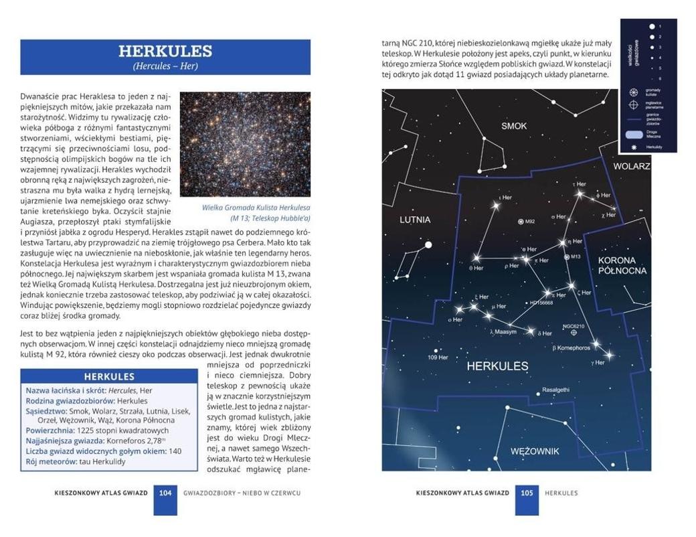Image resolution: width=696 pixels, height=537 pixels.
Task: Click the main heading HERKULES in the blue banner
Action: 165,51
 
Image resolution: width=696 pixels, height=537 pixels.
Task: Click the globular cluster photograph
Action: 245,144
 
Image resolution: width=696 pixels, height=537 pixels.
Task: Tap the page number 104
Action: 165,493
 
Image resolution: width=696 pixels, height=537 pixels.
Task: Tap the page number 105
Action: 527,493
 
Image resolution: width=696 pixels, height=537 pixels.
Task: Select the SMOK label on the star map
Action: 514,126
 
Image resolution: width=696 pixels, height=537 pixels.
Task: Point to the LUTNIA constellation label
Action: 415,220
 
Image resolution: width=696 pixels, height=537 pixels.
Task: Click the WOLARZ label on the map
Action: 631,166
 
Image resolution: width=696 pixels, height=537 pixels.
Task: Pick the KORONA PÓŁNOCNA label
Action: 622,265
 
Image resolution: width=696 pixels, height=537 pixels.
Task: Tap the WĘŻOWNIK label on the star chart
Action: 534,451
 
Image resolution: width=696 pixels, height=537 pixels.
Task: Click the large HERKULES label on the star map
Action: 497,366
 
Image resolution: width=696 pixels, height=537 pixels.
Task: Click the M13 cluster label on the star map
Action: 574,257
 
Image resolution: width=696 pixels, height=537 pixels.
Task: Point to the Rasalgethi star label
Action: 555,390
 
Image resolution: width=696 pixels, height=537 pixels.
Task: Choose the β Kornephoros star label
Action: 572,348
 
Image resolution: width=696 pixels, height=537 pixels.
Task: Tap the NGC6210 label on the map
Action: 573,326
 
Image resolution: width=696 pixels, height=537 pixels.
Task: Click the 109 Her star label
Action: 438,357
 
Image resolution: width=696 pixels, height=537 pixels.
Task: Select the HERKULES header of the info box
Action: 109,376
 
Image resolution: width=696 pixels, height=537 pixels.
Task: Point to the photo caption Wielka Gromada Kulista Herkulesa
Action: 256,208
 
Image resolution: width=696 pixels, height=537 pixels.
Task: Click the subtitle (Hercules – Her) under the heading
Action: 165,66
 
